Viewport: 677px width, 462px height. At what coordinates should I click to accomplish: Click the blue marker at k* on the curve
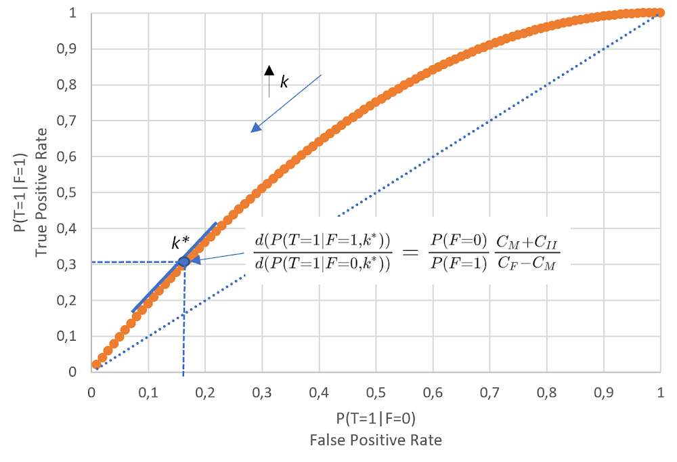coord(183,261)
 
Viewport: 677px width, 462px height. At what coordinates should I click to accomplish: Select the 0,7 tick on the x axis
coord(490,392)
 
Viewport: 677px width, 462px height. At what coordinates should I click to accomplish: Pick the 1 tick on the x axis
coord(661,392)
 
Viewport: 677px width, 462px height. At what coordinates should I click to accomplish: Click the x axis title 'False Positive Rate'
coord(376,440)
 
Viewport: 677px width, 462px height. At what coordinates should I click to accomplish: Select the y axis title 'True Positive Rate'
coord(42,192)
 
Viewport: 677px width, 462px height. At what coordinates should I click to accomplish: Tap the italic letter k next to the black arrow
coord(284,82)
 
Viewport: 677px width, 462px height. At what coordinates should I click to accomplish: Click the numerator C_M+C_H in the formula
coord(526,242)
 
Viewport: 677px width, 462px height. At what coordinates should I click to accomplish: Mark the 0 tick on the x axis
coord(91,392)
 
